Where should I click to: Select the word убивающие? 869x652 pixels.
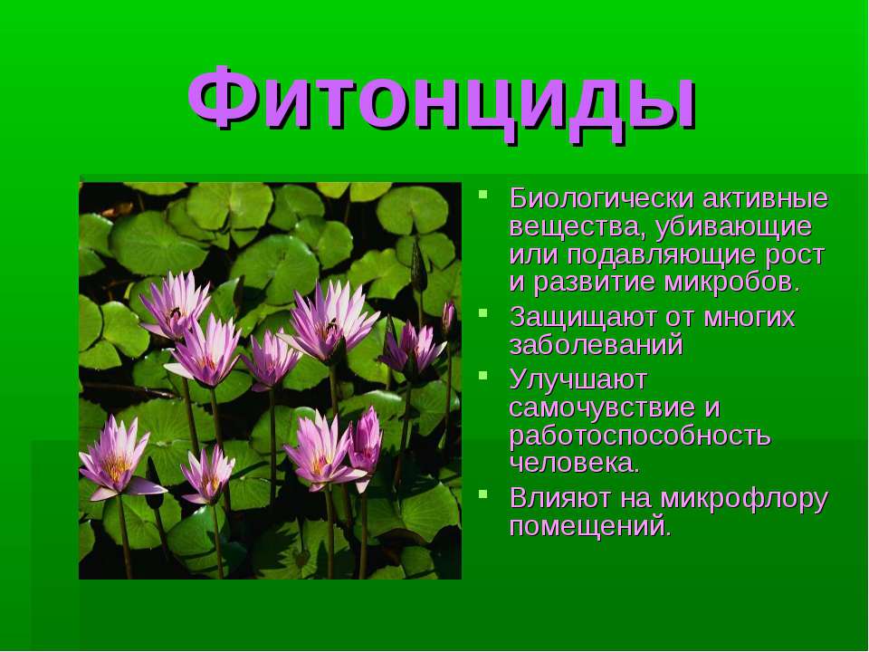point(732,228)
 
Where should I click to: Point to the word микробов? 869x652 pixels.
point(732,283)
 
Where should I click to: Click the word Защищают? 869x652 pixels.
point(603,319)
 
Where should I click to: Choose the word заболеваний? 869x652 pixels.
point(597,345)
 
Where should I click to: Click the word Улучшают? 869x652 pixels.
point(578,380)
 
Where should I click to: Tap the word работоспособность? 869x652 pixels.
point(640,436)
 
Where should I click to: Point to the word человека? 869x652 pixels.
point(575,464)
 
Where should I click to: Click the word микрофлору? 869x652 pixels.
point(744,499)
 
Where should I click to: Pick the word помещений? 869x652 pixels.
point(590,526)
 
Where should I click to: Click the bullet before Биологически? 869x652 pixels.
point(483,195)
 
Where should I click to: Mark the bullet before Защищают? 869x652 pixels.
point(483,313)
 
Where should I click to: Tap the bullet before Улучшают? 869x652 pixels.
point(483,375)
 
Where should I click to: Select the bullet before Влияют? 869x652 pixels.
point(483,494)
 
